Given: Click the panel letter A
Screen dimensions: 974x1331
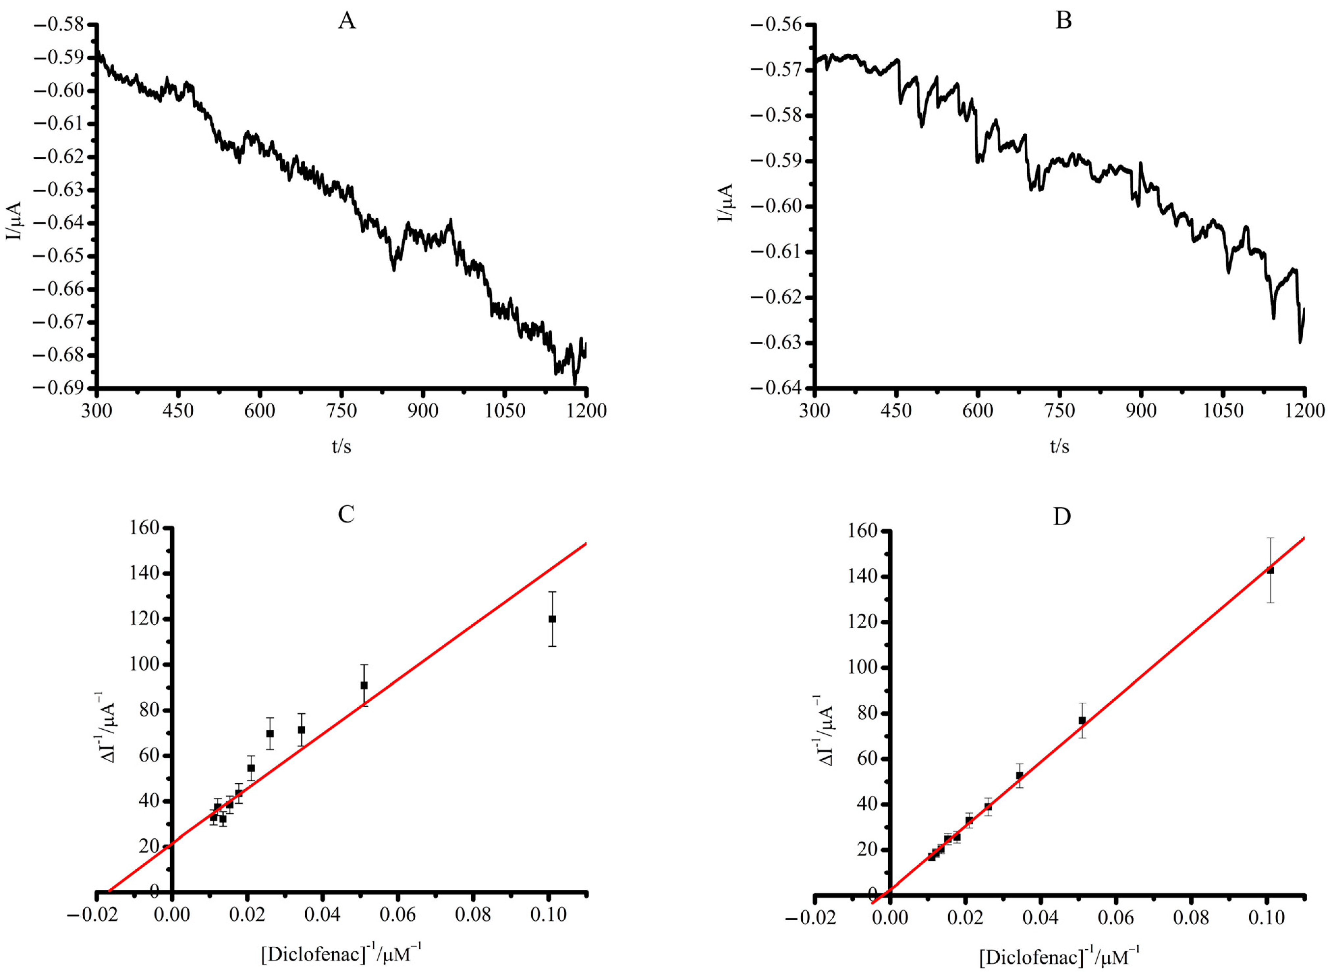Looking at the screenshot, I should [x=347, y=21].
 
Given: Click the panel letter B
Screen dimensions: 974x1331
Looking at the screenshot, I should [x=1063, y=21].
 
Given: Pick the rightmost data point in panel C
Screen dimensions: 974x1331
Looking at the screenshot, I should [x=552, y=619].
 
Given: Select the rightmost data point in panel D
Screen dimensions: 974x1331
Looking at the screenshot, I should [x=1270, y=570].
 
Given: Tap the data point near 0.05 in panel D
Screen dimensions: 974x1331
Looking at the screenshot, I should [x=1082, y=720].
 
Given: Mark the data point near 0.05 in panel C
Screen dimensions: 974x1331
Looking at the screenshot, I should [x=364, y=685].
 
